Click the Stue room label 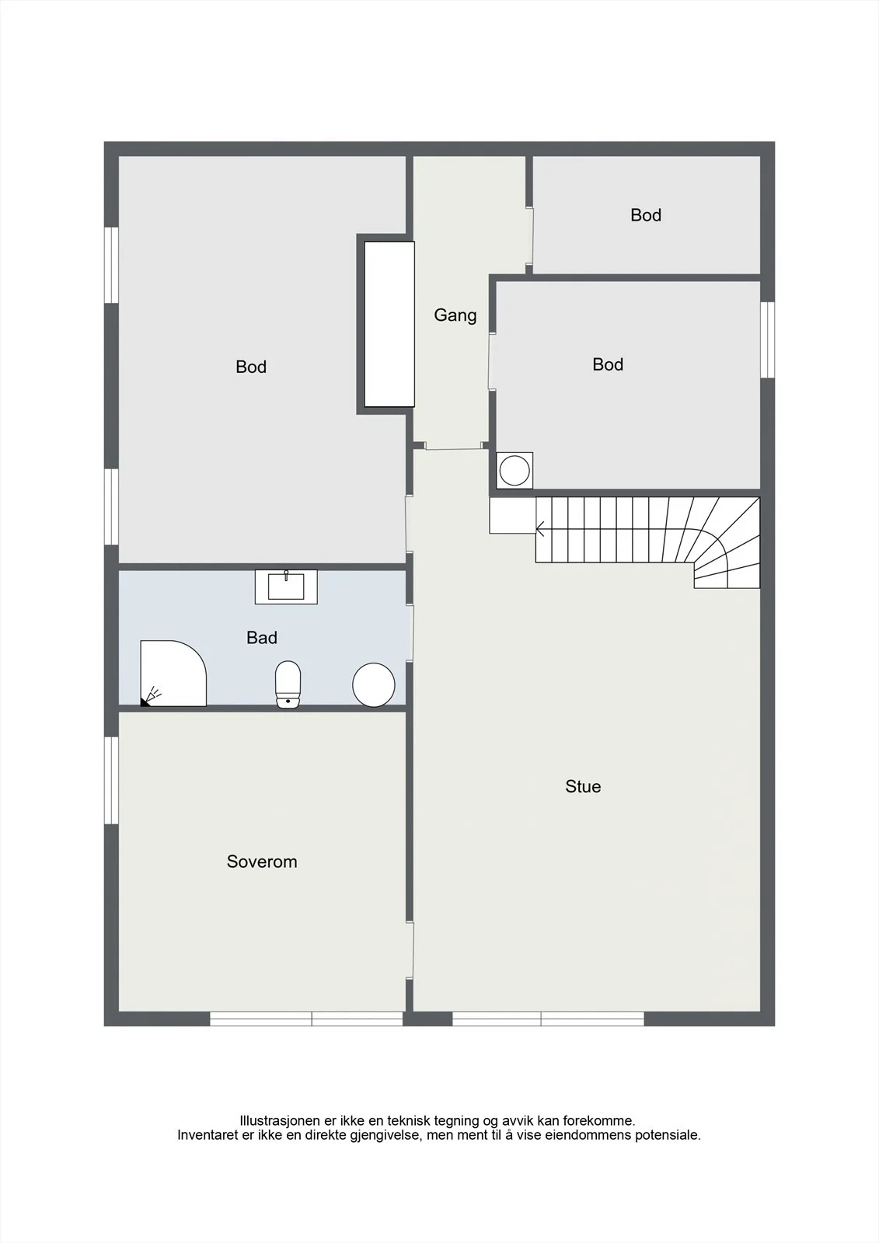pos(583,786)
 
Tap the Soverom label pos(262,862)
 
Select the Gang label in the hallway pos(455,315)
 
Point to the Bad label pos(262,638)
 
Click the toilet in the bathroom pos(288,684)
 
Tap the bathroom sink pos(286,587)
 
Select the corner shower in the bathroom pos(173,673)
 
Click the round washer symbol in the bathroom pos(374,684)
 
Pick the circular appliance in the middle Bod pos(514,471)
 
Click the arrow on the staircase pos(540,529)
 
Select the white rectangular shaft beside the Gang pos(389,324)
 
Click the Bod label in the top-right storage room pos(646,215)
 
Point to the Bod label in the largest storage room pos(251,367)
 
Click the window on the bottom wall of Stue pos(548,1018)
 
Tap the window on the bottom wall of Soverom pos(306,1018)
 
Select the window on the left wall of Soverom pos(112,780)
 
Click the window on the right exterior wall pos(767,339)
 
